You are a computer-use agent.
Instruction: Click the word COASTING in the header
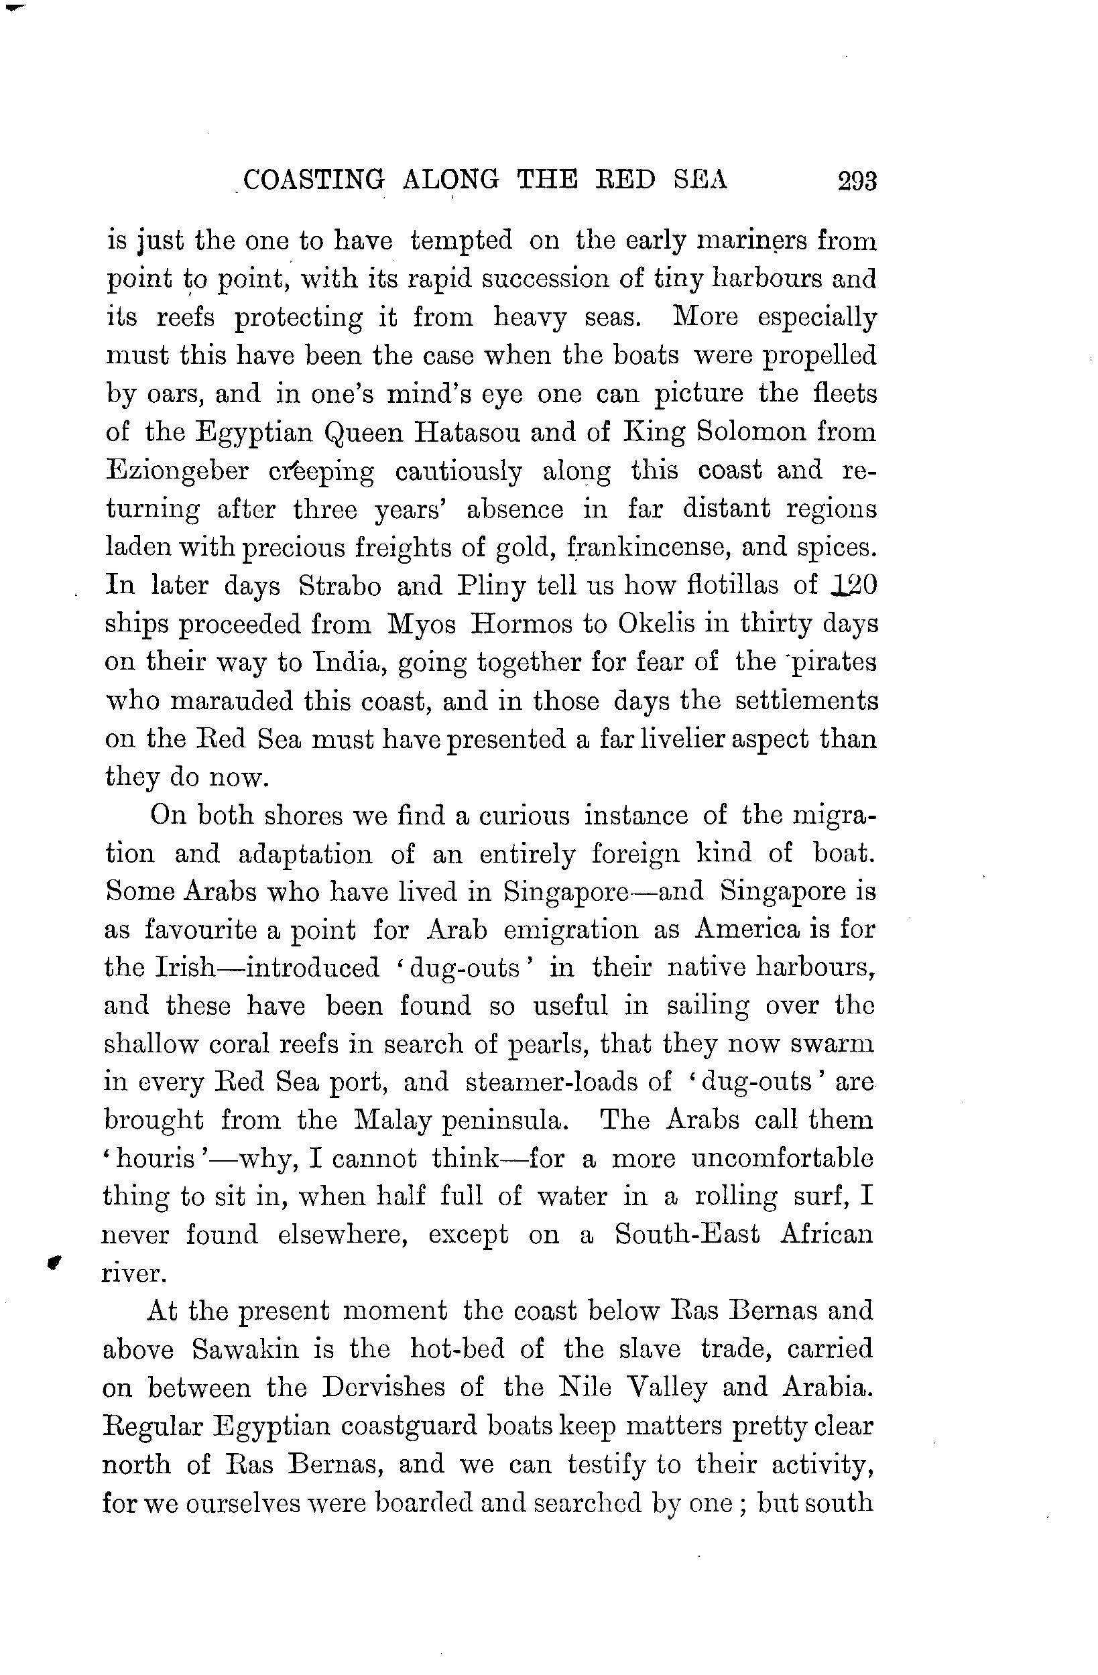[x=314, y=180]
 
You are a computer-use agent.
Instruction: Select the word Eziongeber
[x=177, y=470]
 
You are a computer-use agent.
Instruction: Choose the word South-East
[x=687, y=1235]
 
